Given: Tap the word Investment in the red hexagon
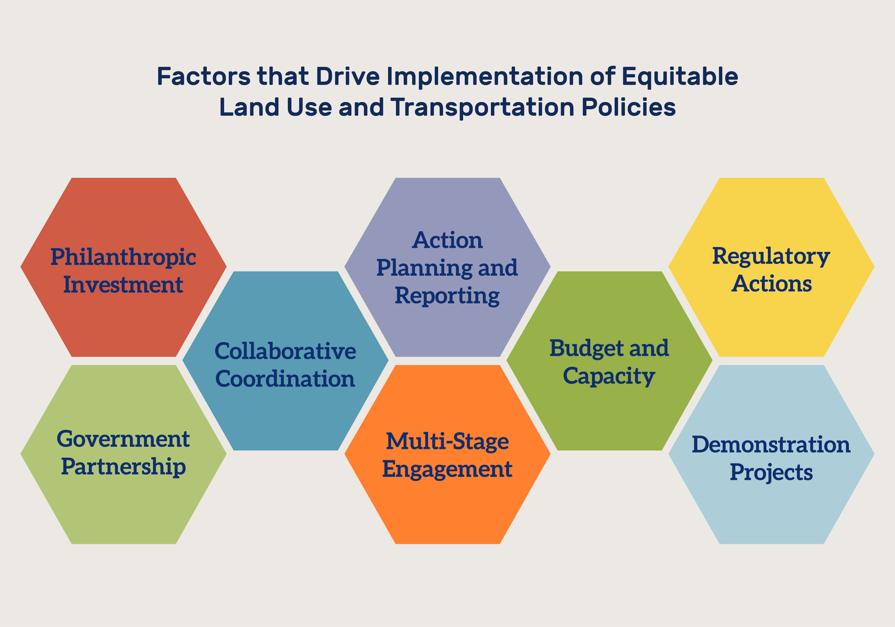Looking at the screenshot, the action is (x=123, y=284).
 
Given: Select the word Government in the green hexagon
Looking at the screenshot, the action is (x=123, y=439).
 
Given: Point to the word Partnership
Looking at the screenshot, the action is (x=123, y=467).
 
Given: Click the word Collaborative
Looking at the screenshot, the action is (x=285, y=351).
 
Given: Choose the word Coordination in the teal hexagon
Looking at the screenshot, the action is (x=285, y=379).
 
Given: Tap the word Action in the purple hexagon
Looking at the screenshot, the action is (x=447, y=240).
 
